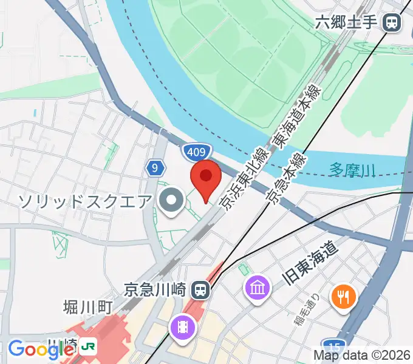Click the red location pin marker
206,178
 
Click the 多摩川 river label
353,170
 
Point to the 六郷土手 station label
347,23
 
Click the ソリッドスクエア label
85,200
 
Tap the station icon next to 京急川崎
200,289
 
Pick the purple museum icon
258,286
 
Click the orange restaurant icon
343,297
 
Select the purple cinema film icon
183,328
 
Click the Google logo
40,349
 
